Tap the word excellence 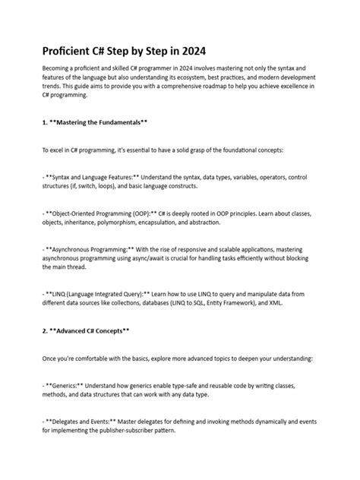coord(305,88)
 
